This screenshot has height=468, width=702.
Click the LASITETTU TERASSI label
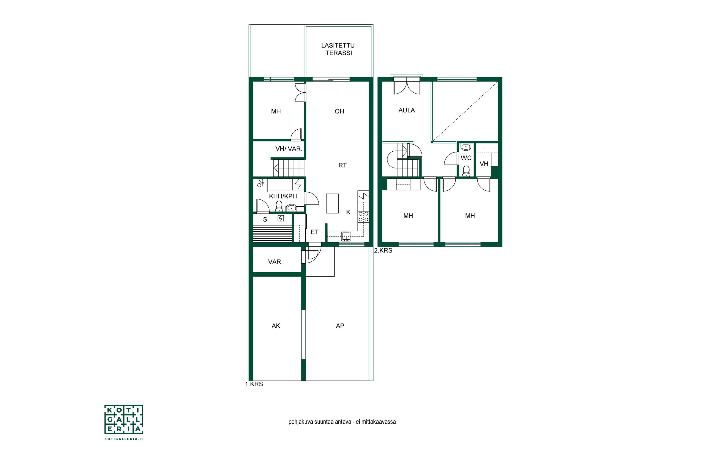[x=338, y=49]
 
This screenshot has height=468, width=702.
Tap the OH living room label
[x=339, y=111]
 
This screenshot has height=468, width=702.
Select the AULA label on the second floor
[x=406, y=110]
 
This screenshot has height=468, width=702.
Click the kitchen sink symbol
[x=346, y=236]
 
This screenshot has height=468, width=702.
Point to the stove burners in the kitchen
[x=363, y=217]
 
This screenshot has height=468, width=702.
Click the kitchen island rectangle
[x=332, y=203]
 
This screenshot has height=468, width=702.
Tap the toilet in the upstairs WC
[x=466, y=171]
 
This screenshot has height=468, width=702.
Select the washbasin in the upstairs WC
[x=466, y=147]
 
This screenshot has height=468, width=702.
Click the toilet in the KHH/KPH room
[x=279, y=206]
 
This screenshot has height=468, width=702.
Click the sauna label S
[x=265, y=220]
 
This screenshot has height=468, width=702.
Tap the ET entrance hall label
[x=314, y=232]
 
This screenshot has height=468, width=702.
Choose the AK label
[x=276, y=326]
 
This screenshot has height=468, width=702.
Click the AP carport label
[x=340, y=326]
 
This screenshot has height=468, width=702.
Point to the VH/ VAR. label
[x=289, y=149]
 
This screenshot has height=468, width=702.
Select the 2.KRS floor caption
[x=383, y=251]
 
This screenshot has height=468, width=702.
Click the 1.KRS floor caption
[x=254, y=384]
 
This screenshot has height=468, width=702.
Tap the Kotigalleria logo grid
[x=124, y=419]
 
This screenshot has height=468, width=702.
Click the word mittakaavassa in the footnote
[x=379, y=422]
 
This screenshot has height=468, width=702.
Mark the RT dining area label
[x=342, y=165]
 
